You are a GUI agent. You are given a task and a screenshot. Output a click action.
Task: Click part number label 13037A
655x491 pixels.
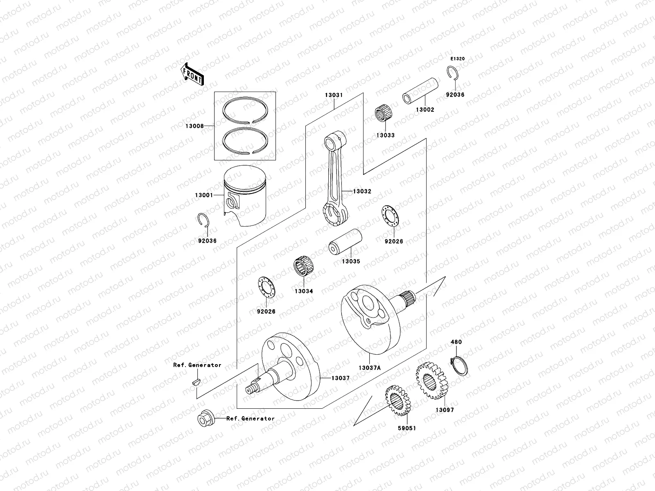coord(370,368)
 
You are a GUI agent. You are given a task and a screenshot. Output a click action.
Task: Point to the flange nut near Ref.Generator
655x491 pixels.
coord(204,419)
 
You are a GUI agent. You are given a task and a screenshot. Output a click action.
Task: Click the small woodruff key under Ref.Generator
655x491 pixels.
coord(196,382)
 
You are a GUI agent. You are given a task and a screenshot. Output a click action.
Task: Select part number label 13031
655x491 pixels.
coord(334,95)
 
